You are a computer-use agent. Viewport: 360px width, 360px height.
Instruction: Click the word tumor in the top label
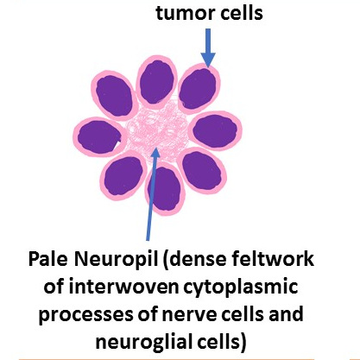click(x=180, y=14)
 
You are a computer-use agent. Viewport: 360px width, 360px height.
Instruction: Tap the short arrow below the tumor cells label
click(x=208, y=47)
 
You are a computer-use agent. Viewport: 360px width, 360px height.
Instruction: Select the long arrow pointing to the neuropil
click(x=152, y=193)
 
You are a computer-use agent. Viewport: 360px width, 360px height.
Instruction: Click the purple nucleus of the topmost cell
click(x=157, y=82)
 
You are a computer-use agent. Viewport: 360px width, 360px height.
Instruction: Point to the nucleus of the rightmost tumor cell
click(x=215, y=131)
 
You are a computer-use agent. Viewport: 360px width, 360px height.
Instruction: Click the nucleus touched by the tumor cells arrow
click(x=198, y=89)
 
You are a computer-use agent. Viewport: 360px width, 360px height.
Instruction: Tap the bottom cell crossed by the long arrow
click(x=165, y=189)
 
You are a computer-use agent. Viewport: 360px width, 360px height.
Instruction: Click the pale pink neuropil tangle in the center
click(x=158, y=129)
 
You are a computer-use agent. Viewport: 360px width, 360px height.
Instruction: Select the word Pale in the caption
click(x=48, y=259)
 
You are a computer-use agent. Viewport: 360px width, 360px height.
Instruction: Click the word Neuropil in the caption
click(x=117, y=260)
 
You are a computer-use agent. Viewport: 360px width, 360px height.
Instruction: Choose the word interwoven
click(x=123, y=287)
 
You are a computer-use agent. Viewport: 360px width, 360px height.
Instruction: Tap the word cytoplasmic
click(x=241, y=287)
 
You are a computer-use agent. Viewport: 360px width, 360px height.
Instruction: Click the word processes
click(x=85, y=315)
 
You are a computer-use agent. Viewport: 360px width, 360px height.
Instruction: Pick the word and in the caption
click(x=286, y=314)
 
